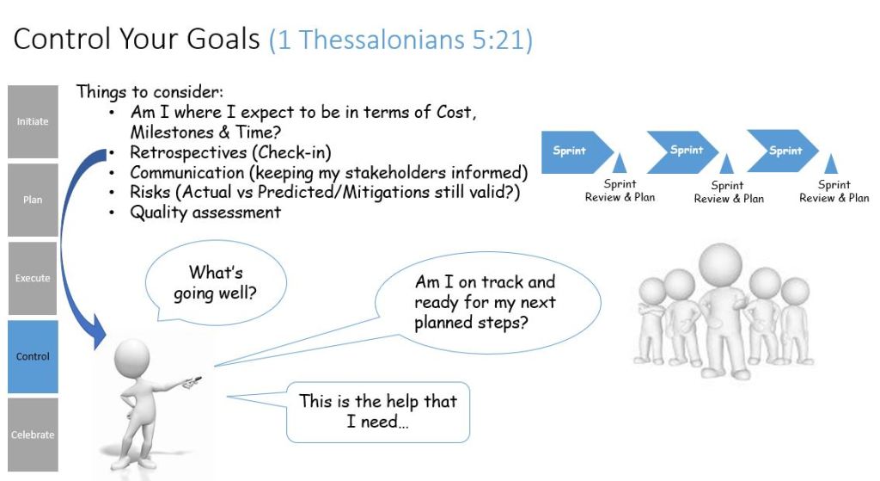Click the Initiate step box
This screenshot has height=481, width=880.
tap(33, 121)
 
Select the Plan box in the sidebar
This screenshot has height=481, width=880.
tap(33, 200)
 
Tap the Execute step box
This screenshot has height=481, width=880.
tap(33, 278)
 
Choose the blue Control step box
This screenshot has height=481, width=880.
tap(33, 356)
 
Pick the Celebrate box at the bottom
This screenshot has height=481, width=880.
tap(33, 435)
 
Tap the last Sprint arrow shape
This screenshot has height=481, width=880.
tap(784, 151)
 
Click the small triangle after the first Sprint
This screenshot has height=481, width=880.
tap(619, 163)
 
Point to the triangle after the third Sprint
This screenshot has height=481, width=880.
tap(831, 163)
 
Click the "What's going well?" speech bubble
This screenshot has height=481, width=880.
tap(216, 283)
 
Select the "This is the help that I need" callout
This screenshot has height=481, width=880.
tap(377, 412)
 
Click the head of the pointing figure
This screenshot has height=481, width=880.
tap(131, 357)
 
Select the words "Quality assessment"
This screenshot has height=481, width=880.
tap(205, 213)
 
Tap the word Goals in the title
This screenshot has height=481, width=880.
tap(223, 40)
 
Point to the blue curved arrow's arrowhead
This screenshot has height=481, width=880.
tap(99, 331)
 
